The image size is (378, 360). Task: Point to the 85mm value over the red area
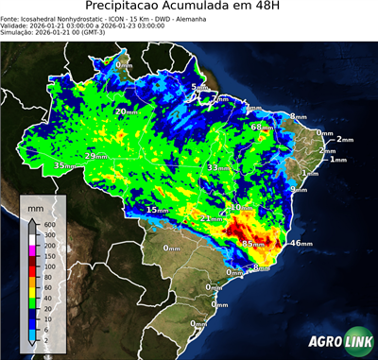253,244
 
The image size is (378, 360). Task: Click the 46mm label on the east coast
301,244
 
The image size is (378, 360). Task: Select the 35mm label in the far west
64,165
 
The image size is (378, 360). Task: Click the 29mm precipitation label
96,156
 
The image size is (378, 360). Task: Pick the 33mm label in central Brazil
218,167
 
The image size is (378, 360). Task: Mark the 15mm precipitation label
158,210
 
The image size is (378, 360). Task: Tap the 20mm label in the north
126,111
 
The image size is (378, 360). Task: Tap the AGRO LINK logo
336,342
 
